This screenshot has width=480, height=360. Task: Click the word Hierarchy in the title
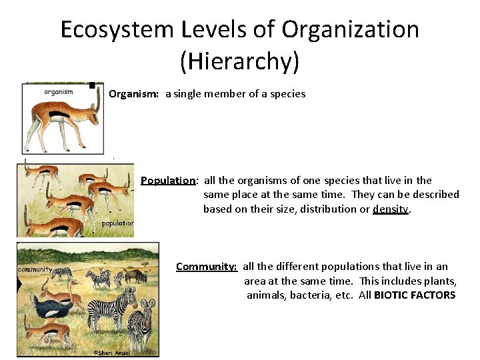[x=239, y=61]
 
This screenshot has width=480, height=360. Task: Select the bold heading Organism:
[x=133, y=94]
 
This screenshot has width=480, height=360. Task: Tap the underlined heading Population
[x=168, y=180]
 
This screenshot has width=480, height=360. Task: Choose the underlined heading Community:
[x=206, y=267]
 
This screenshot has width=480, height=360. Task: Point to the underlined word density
[x=391, y=209]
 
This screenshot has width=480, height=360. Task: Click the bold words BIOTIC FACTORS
[x=415, y=295]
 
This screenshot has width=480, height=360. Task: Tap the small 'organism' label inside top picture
[x=59, y=92]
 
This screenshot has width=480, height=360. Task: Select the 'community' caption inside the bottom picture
[x=34, y=269]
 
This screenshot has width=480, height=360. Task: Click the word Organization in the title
[x=350, y=30]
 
